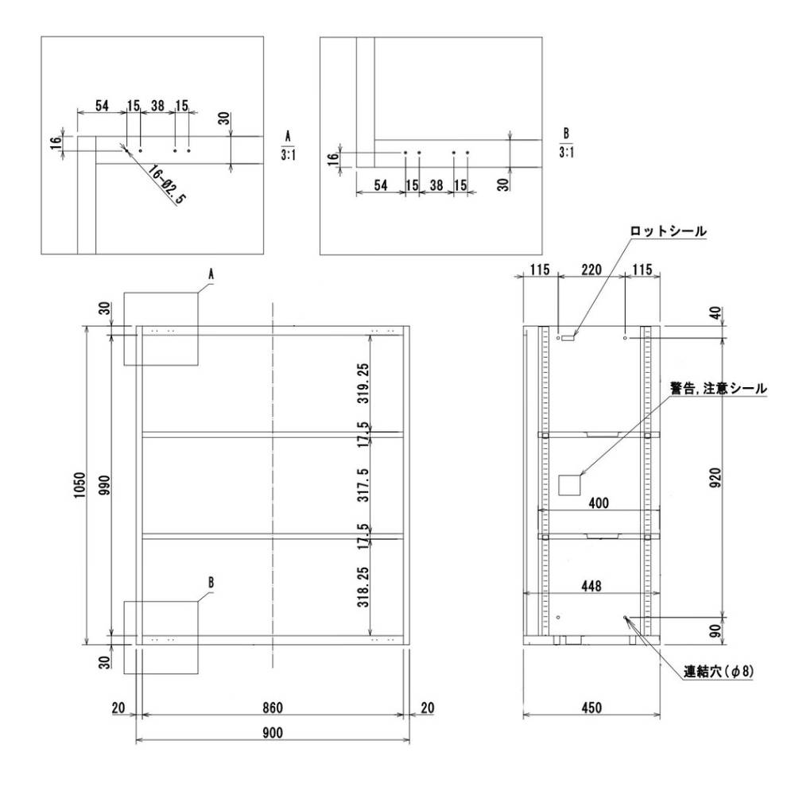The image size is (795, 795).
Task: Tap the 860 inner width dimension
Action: pyautogui.click(x=273, y=707)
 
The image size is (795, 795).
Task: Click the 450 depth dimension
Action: pyautogui.click(x=591, y=707)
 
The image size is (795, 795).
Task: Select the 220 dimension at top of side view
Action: pyautogui.click(x=591, y=271)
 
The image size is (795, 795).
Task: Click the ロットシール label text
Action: pyautogui.click(x=666, y=231)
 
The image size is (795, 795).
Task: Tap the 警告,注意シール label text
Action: pyautogui.click(x=718, y=390)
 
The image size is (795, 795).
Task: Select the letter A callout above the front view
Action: pyautogui.click(x=211, y=273)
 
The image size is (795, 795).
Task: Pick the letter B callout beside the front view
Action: pyautogui.click(x=211, y=582)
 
